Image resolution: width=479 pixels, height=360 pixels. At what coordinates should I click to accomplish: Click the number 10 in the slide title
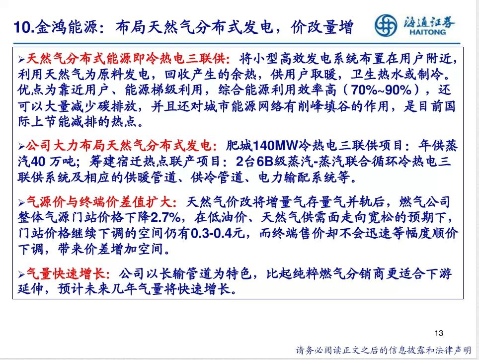tap(22, 27)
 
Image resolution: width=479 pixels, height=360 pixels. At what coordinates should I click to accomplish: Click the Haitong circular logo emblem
tap(386, 25)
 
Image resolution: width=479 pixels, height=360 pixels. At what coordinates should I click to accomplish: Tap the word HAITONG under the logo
tap(427, 32)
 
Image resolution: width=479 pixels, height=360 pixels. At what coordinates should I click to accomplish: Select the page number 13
tap(439, 333)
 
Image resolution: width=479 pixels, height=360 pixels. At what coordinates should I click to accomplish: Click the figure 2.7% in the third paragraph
tap(166, 217)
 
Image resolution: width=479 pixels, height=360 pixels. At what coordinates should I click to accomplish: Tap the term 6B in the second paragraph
tap(264, 162)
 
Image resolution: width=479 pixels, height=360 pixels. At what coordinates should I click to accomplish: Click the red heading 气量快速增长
tap(66, 273)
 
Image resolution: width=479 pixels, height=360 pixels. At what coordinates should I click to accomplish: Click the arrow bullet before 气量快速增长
tap(21, 274)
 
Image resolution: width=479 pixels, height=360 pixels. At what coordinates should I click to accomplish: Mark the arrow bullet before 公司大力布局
tap(21, 147)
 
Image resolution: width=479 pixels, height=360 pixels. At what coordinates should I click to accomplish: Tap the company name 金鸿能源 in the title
tap(66, 27)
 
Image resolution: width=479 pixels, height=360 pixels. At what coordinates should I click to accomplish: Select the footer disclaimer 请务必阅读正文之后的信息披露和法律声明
tap(384, 350)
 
